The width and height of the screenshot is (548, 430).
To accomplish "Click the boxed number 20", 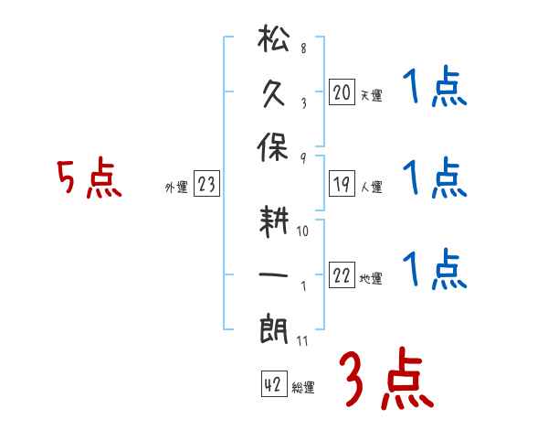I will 342,92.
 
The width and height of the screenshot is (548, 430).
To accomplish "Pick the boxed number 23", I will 206,186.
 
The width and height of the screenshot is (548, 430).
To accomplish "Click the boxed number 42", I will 273,385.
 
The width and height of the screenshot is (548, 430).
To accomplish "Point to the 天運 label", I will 371,95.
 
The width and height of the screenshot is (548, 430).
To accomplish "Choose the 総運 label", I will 303,388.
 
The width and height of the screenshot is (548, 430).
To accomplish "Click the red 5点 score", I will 89,178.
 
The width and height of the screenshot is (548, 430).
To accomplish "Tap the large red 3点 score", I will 385,380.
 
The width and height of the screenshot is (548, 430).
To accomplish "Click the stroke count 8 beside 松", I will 302,48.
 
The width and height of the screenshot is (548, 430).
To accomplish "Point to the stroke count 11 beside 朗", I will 302,340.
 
